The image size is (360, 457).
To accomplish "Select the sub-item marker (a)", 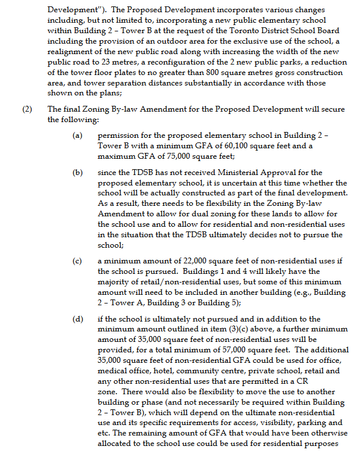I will click(x=77, y=135).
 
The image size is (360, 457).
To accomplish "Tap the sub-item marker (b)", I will click(x=77, y=173).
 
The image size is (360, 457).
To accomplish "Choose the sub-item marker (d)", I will click(x=77, y=319).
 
